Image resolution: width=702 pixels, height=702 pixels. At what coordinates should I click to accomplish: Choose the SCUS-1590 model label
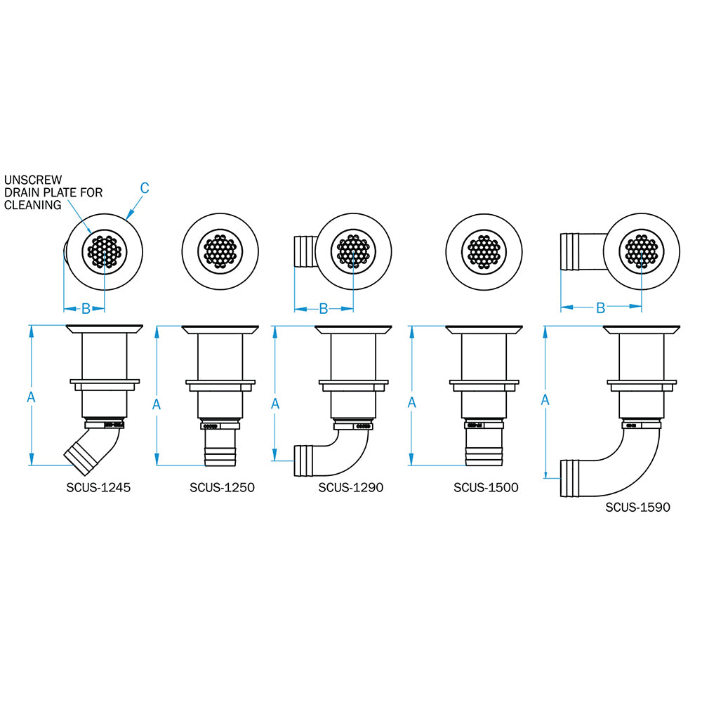[x=637, y=505]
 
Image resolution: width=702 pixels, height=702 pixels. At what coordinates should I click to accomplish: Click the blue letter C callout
[x=145, y=187]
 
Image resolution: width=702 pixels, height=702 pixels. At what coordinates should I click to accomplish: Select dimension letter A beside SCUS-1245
[x=30, y=397]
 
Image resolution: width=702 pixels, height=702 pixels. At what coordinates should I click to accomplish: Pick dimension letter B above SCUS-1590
[x=600, y=307]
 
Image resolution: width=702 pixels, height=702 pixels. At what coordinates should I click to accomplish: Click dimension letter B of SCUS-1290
[x=324, y=308]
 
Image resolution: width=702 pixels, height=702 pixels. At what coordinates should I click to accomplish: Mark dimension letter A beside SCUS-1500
[x=412, y=402]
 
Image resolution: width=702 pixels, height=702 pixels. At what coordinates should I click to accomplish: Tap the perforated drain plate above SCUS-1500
[x=484, y=250]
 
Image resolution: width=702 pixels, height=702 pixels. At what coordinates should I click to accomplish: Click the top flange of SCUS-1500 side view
[x=484, y=329]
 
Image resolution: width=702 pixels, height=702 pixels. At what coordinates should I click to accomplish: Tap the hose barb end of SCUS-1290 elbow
[x=306, y=459]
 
